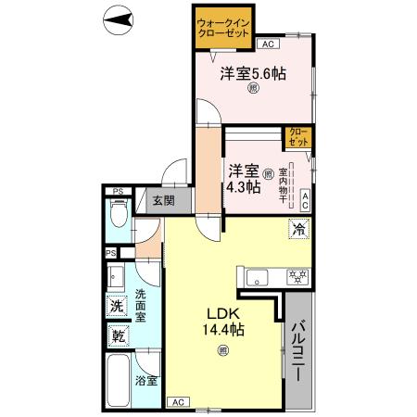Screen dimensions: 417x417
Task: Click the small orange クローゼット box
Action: (x=298, y=138)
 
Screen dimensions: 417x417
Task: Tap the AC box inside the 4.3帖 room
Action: (x=306, y=196)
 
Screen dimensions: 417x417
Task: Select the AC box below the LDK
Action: (x=176, y=402)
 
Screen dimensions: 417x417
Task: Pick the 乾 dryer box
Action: (x=118, y=335)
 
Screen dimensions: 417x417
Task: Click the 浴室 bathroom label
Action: (x=146, y=381)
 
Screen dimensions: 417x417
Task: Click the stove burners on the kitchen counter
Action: (x=297, y=275)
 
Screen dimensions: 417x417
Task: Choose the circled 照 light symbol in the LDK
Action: (x=222, y=349)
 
